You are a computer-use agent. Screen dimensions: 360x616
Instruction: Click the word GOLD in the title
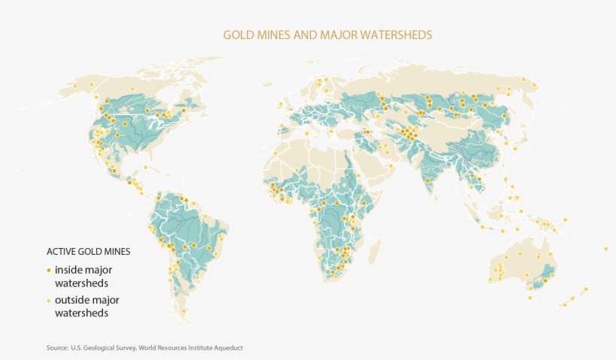click(237, 35)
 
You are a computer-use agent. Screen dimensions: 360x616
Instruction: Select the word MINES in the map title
click(273, 35)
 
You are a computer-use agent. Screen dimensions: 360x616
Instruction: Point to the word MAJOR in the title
click(337, 35)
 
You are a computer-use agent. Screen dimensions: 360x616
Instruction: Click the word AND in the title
click(305, 35)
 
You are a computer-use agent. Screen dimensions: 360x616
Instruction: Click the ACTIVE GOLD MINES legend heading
click(89, 251)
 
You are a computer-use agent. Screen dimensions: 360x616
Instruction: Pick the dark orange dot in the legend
click(49, 269)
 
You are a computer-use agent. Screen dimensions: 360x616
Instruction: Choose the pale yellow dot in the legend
click(49, 300)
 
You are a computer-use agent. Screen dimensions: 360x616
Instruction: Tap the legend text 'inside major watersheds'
click(83, 276)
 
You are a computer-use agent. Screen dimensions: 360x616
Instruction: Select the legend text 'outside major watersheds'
click(86, 307)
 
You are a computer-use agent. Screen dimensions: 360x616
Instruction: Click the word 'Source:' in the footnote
click(57, 347)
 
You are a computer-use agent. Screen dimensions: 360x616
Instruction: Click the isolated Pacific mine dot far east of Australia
click(605, 249)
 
